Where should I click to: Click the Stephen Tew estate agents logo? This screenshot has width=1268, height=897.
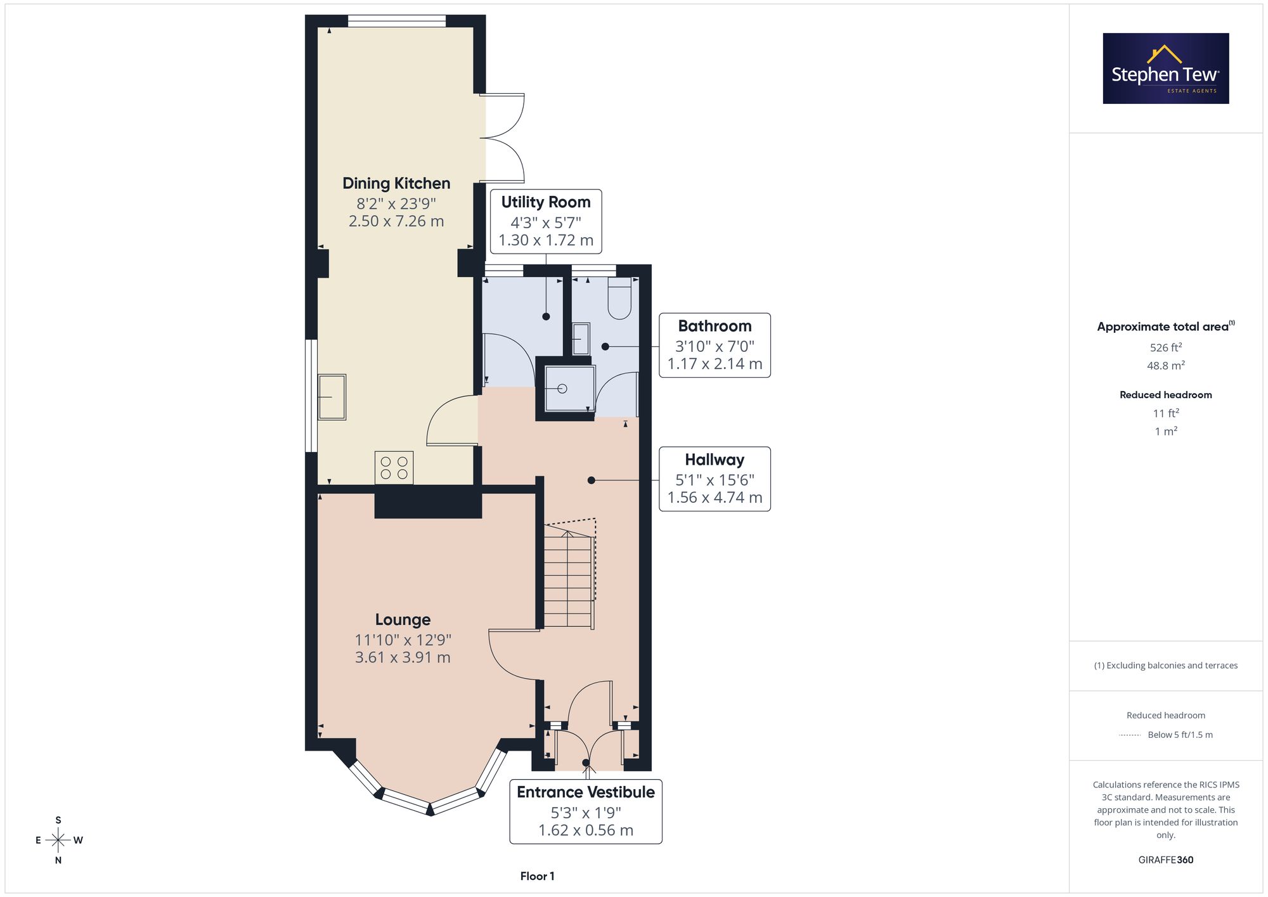(x=1166, y=68)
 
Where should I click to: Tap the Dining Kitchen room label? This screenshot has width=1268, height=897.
(x=396, y=183)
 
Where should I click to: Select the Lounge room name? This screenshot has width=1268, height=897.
(x=403, y=619)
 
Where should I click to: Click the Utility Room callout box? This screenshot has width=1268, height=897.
(x=546, y=221)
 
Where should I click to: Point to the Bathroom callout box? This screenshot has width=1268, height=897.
(x=715, y=345)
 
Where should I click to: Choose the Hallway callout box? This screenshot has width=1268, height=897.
(x=715, y=479)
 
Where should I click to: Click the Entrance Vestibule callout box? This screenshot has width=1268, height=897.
(x=586, y=811)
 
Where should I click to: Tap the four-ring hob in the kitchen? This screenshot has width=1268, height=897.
(x=394, y=468)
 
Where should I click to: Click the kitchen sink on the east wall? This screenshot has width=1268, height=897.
(x=332, y=397)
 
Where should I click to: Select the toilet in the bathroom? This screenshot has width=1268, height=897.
(x=619, y=298)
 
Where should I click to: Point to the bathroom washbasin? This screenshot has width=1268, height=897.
(x=580, y=339)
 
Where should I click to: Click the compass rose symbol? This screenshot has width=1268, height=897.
(x=58, y=841)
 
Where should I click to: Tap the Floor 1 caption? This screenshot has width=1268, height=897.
(x=537, y=876)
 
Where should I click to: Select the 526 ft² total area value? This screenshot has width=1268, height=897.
(x=1166, y=347)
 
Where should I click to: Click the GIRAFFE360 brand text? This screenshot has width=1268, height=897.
(x=1166, y=860)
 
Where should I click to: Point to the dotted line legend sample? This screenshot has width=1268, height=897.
(x=1130, y=735)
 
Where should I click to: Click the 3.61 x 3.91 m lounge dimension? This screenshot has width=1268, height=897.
(x=403, y=657)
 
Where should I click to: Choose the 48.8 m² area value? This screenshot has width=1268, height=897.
(x=1166, y=365)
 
